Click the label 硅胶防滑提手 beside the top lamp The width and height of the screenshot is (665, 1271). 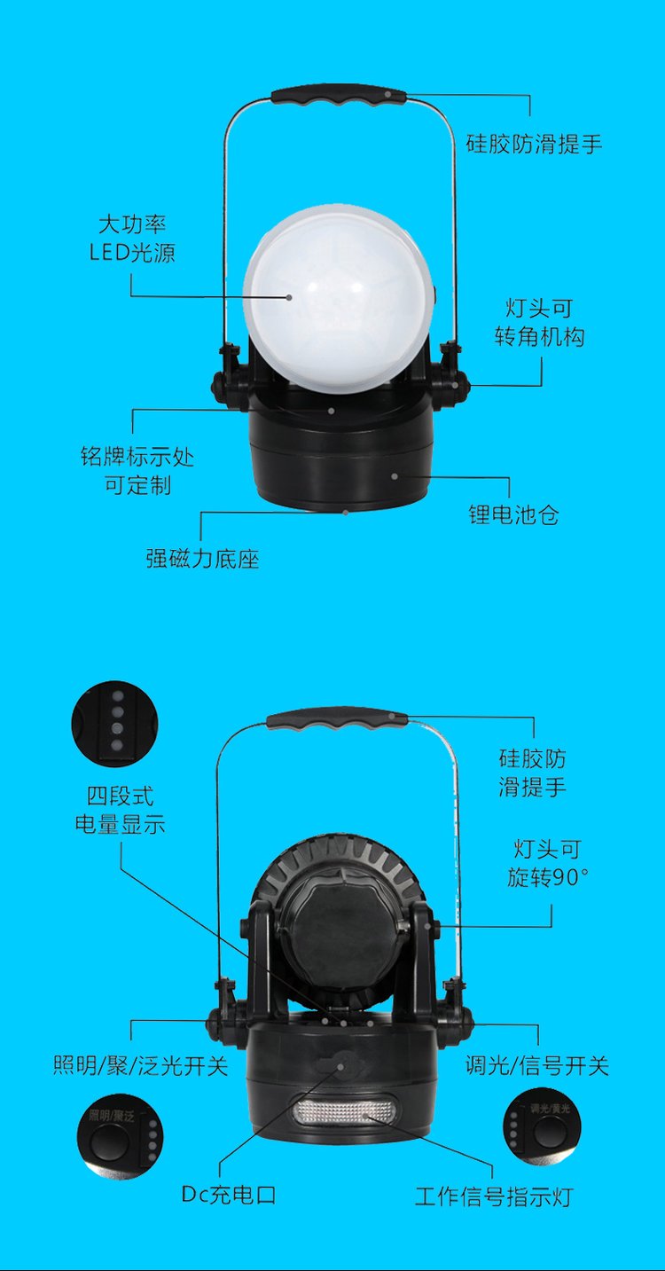534,144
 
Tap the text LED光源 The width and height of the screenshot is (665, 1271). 132,253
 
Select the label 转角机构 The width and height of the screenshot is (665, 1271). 539,337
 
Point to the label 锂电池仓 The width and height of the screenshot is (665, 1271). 513,514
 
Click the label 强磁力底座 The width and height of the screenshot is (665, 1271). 202,559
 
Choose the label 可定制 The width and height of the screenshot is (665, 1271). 138,485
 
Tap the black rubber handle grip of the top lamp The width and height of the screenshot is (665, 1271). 339,94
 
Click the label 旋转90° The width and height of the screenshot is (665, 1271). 547,878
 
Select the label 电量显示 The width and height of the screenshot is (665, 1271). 121,824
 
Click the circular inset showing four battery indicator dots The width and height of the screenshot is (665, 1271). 114,724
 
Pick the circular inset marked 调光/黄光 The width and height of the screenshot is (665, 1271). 542,1126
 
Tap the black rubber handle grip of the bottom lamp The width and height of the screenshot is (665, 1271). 337,719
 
